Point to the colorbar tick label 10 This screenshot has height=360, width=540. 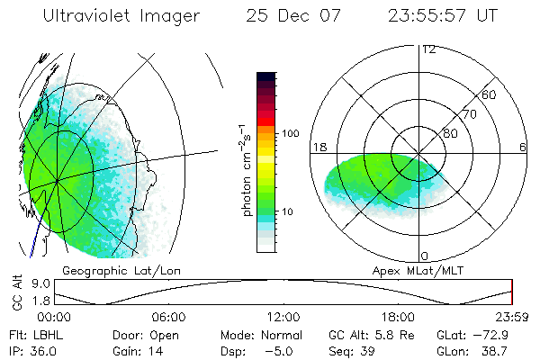pyautogui.click(x=290, y=212)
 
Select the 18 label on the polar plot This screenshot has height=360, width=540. pyautogui.click(x=318, y=147)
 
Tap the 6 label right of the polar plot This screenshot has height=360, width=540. pyautogui.click(x=523, y=147)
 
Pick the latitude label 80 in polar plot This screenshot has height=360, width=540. pyautogui.click(x=450, y=133)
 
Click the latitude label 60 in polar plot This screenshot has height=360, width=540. pyautogui.click(x=489, y=94)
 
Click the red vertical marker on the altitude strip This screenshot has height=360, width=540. pyautogui.click(x=511, y=292)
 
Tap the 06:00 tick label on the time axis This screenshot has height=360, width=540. pyautogui.click(x=168, y=316)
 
